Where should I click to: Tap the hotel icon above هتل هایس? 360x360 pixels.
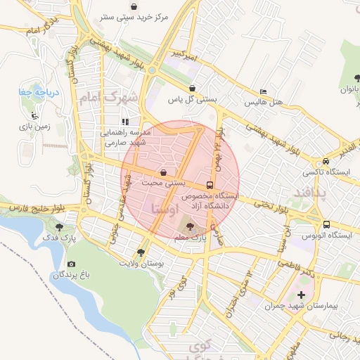(x=263, y=91)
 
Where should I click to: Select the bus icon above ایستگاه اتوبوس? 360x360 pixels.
(x=326, y=224)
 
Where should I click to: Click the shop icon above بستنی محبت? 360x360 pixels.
(x=163, y=172)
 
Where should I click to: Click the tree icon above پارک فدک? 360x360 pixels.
(x=59, y=227)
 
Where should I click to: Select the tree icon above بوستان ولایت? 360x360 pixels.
(x=141, y=252)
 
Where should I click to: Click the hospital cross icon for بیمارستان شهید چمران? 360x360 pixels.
(x=302, y=295)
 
